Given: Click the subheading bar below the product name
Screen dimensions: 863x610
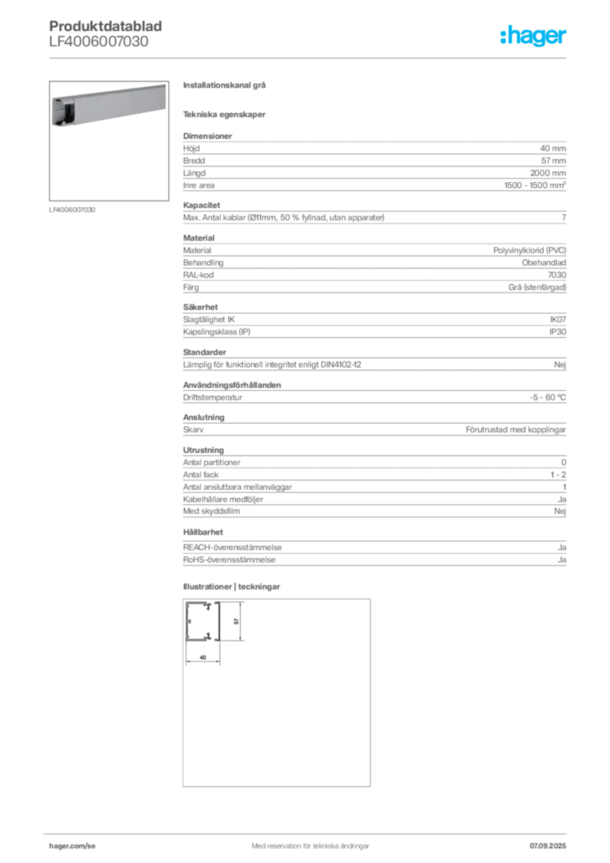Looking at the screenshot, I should click(x=225, y=114).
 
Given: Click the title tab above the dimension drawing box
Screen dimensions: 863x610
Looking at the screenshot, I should click(x=232, y=586).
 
